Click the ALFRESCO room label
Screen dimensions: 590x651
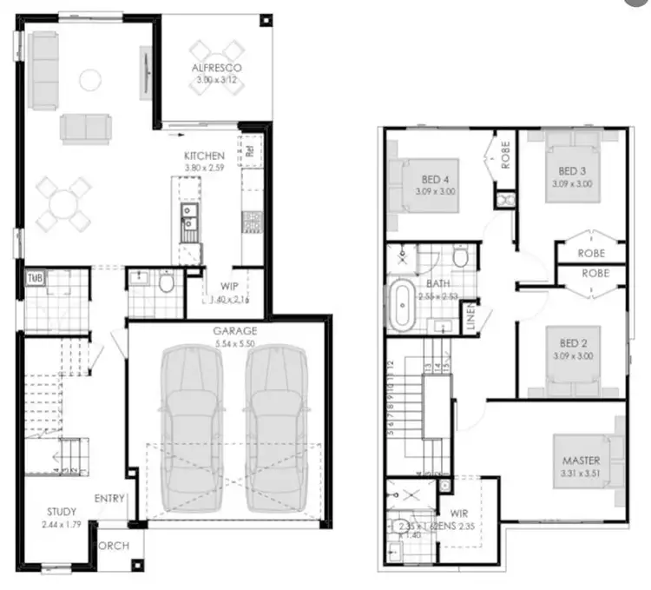(x=216, y=67)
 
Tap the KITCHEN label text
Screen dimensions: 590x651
(x=204, y=156)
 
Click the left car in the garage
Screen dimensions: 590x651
(x=190, y=417)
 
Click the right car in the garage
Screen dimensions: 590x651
(x=276, y=417)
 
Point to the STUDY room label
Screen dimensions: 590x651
(x=62, y=512)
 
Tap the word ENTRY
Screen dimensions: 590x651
(x=112, y=499)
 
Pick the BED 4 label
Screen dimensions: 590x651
(x=435, y=170)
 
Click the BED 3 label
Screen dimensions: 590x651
(x=570, y=170)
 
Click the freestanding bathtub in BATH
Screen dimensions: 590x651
(x=402, y=305)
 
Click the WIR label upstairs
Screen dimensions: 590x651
(x=458, y=514)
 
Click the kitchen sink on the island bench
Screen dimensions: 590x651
(x=188, y=222)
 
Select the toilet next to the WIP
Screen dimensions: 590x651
(x=166, y=282)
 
